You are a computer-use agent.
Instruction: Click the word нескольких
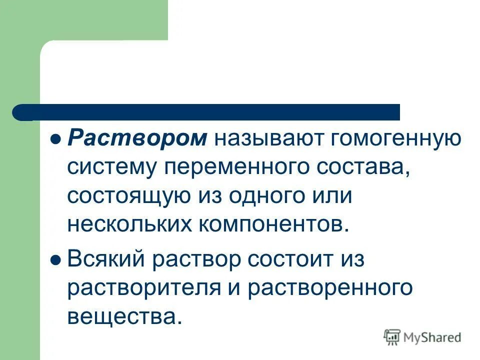click(x=129, y=224)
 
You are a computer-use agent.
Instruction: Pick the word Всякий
click(x=106, y=259)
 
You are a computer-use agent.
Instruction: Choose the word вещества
click(x=123, y=316)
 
